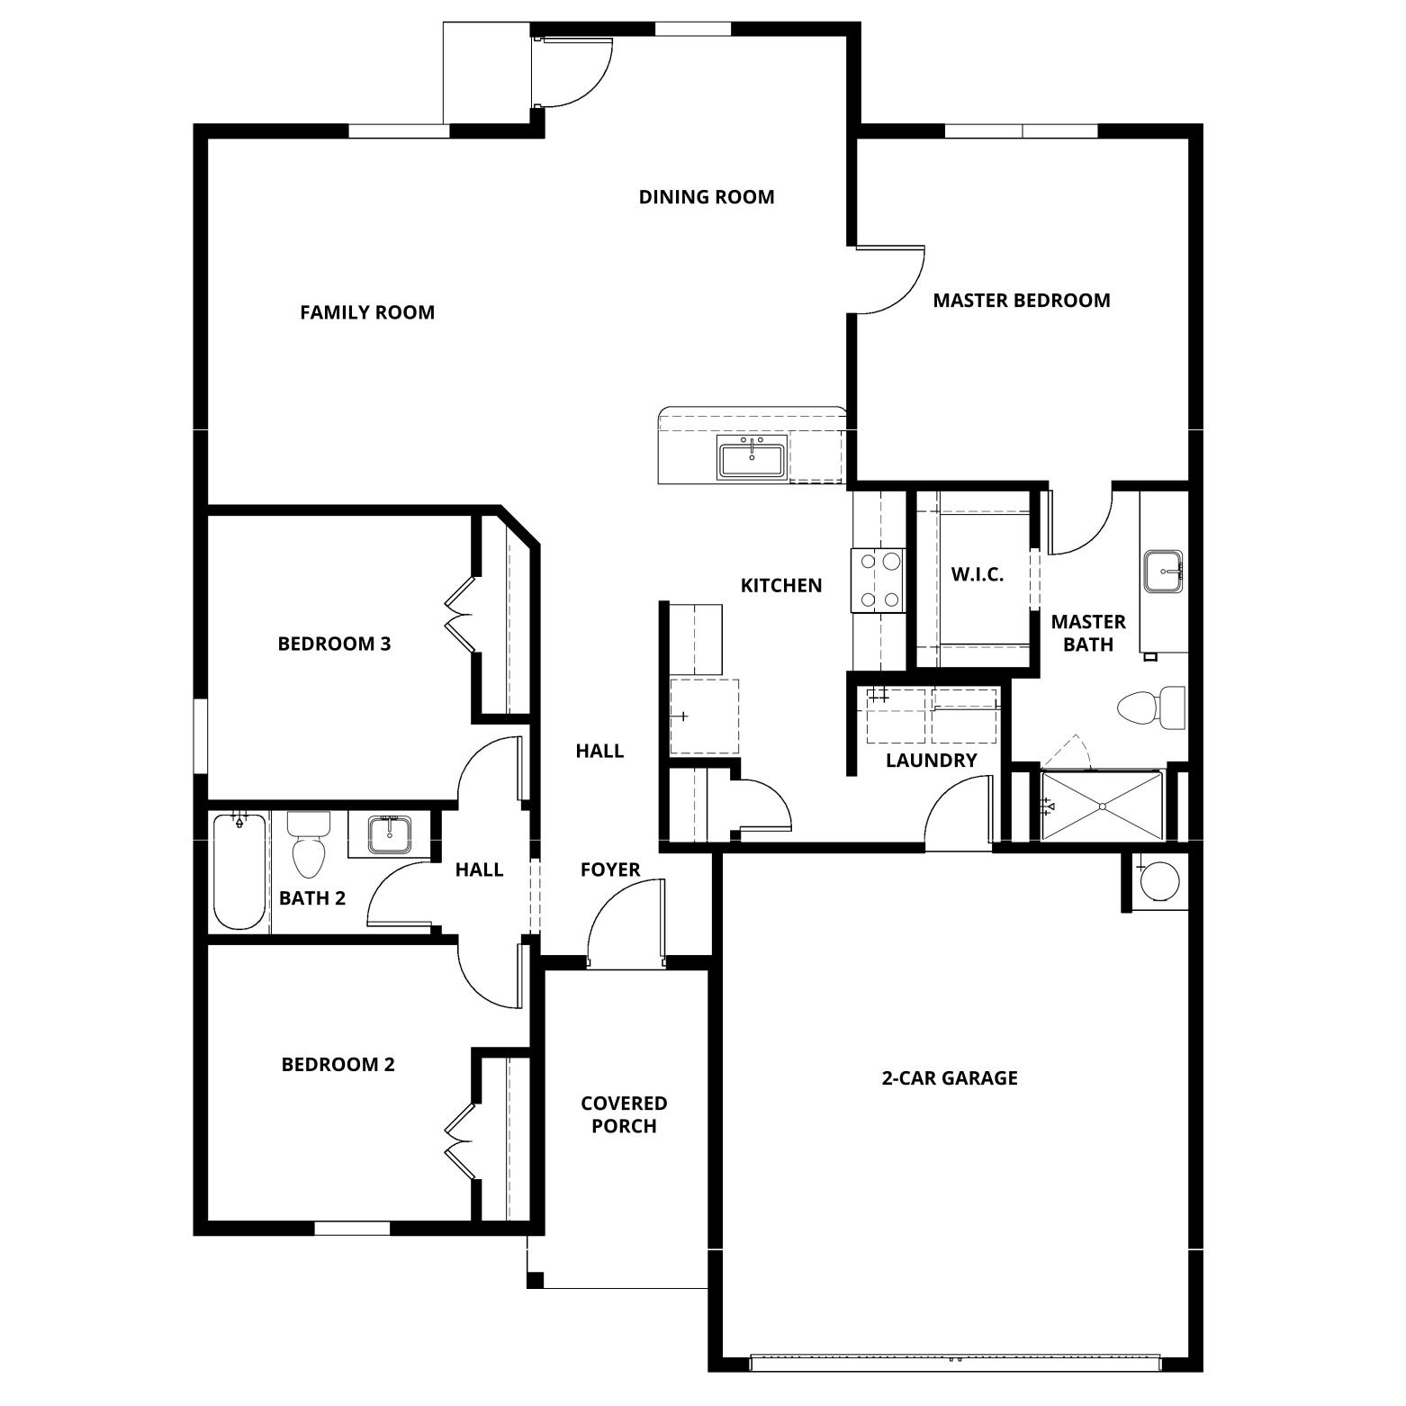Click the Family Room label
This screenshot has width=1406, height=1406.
[x=367, y=312]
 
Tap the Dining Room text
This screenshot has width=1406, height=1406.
[x=707, y=197]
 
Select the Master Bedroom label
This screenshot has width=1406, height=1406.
[x=1022, y=301]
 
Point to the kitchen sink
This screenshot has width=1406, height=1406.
[x=752, y=457]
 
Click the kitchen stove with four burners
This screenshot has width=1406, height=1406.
[x=879, y=581]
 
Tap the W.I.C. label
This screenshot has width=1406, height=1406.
[x=978, y=574]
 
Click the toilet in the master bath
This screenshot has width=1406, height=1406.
[x=1151, y=707]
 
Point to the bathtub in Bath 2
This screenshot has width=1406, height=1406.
[x=239, y=871]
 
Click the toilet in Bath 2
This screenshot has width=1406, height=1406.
[x=309, y=844]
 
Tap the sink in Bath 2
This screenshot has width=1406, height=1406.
[x=390, y=834]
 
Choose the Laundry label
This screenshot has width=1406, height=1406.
[x=932, y=761]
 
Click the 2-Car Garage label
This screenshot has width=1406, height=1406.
[x=950, y=1078]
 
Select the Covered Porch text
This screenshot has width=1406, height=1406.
[x=624, y=1114]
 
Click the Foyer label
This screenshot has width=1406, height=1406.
[x=610, y=870]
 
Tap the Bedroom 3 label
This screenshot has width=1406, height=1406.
[x=334, y=644]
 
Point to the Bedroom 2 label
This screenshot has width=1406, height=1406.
[x=338, y=1065]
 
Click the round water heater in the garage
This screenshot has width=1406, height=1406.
[x=1158, y=881]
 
